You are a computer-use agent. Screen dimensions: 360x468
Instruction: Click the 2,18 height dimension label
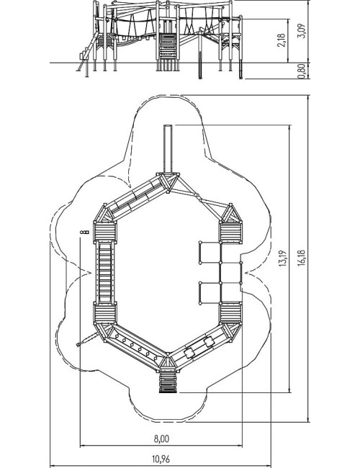282,40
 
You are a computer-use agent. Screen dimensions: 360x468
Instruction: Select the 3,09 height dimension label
302,31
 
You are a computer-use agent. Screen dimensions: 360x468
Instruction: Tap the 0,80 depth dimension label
302,71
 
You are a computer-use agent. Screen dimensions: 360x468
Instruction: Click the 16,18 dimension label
301,258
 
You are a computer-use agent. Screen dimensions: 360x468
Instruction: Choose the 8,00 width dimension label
161,438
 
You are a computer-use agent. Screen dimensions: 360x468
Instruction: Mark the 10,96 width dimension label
161,459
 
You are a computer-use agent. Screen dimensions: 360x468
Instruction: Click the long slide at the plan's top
168,149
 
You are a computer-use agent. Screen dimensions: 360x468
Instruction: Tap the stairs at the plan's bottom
168,382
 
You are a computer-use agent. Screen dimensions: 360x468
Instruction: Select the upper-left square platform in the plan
105,232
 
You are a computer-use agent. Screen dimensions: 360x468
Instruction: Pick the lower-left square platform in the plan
105,313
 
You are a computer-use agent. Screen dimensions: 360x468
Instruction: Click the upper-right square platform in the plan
230,233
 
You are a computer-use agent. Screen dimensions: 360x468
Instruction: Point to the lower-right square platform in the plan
230,313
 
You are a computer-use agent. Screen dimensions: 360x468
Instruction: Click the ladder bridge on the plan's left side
105,272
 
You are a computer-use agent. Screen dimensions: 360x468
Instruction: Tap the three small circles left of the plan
84,232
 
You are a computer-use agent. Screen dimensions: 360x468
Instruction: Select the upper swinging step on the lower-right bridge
209,341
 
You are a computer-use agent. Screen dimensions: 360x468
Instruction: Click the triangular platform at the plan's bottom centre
168,363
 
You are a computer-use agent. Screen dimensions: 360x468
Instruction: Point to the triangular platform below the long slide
168,181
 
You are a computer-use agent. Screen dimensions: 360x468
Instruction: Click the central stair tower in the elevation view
167,45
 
